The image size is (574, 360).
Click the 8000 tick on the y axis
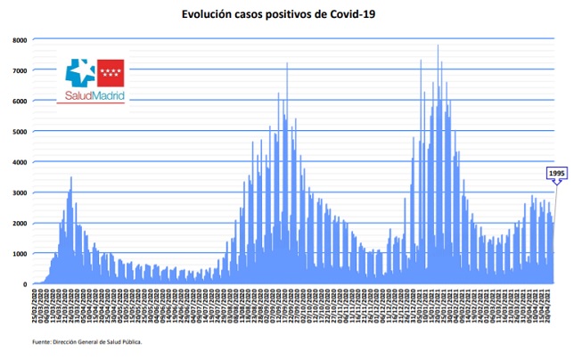point(19,40)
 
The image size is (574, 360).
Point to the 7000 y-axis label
point(19,70)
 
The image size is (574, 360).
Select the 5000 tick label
point(19,132)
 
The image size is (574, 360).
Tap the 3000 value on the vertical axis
point(19,192)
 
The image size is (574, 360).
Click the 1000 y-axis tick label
point(19,254)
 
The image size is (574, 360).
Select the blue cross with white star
point(80,71)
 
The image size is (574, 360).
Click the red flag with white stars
point(111,70)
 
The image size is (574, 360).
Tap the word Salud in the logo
point(78,95)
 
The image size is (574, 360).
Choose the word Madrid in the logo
point(108,95)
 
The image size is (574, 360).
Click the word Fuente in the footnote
point(40,340)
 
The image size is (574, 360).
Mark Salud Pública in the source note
point(124,340)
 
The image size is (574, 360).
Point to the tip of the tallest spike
point(438,45)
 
